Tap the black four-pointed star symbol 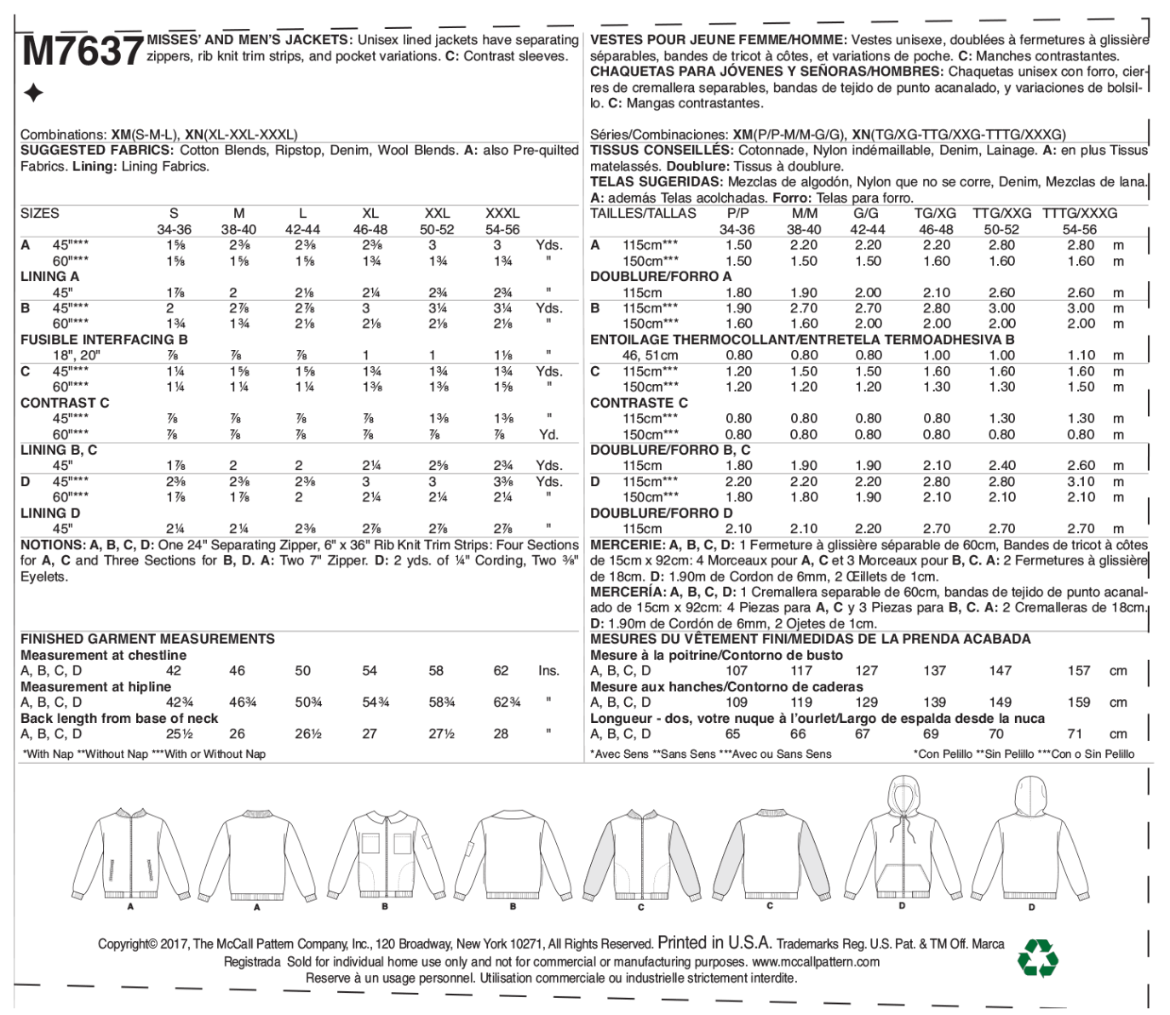coord(33,93)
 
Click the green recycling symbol coord(1037,958)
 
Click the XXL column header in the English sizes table coord(437,214)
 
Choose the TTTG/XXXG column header coord(1080,214)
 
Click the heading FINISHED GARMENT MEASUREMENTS coord(147,639)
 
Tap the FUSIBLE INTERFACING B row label coord(104,340)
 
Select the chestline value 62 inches coord(501,671)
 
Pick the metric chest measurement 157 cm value coord(1079,671)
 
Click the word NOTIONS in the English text coord(53,545)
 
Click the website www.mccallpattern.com coord(815,961)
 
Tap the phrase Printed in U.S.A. coord(714,943)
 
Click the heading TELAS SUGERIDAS coord(656,181)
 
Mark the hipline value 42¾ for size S coord(179,702)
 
